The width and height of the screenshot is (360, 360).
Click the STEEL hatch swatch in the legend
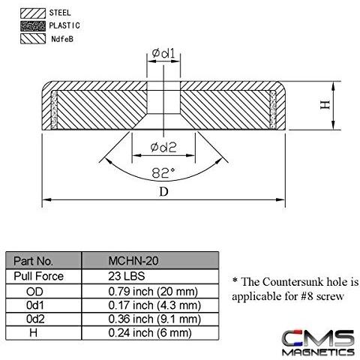pos(33,13)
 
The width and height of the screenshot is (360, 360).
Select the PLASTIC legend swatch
pos(33,26)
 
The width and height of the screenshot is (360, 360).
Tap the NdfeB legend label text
pos(62,39)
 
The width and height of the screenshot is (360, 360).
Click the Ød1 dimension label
pos(163,53)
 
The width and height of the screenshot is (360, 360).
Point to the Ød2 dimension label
pos(163,147)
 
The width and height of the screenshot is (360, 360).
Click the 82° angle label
pos(163,172)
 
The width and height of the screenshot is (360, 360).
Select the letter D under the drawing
pos(163,192)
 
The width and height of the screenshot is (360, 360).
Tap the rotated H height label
pos(325,104)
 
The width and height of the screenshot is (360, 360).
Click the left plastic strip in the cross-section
pos(54,110)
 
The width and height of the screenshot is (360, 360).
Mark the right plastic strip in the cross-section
pos(273,110)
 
